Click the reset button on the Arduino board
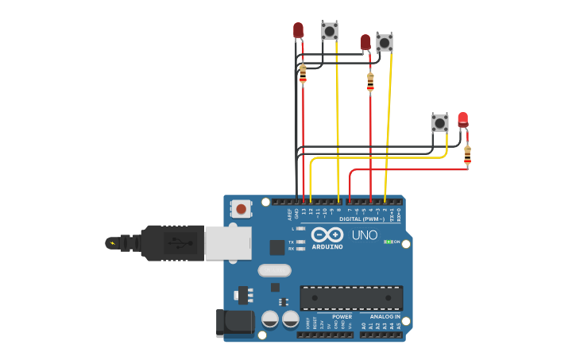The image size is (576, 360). click(241, 209)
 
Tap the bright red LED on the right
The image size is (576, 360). click(462, 120)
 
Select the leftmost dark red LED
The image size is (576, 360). click(298, 30)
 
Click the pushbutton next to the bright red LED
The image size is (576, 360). click(439, 122)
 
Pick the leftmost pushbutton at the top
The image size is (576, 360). click(329, 31)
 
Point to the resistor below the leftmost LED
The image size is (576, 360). click(303, 74)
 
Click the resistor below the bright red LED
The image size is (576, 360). click(467, 155)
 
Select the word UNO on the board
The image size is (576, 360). click(365, 235)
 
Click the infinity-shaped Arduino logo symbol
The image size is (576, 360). click(327, 234)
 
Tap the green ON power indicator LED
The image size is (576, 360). click(389, 242)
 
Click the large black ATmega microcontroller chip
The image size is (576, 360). click(350, 298)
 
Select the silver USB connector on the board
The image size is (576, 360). click(228, 242)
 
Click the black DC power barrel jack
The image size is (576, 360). click(235, 323)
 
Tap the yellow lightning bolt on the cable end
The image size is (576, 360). click(112, 243)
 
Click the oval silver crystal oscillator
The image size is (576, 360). click(274, 270)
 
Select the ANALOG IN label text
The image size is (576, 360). click(385, 316)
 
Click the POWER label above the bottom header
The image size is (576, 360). click(342, 316)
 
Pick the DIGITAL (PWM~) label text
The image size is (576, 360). click(361, 219)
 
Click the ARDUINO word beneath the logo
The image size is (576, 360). click(327, 246)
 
